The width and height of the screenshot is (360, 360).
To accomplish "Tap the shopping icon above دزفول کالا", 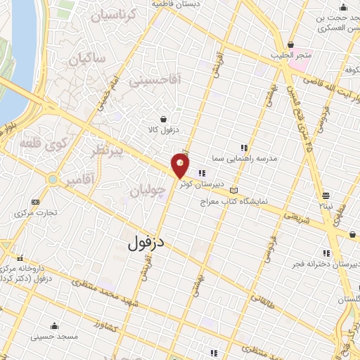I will click(x=164, y=119).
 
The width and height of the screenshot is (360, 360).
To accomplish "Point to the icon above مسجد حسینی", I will click(x=54, y=326).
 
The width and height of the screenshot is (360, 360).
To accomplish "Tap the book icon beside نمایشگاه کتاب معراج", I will click(x=234, y=190).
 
